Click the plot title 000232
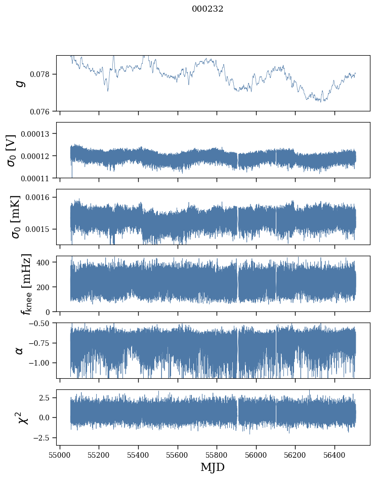[207, 9]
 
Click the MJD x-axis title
[213, 467]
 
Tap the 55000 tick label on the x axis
[60, 455]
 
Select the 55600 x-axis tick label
[178, 455]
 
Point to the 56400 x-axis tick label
[335, 455]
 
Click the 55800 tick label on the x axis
[217, 455]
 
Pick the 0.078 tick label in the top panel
[44, 74]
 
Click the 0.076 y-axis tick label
[44, 111]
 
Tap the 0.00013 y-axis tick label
[38, 134]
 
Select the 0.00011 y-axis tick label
[38, 178]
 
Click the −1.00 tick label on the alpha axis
[42, 363]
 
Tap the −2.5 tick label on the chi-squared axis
[44, 437]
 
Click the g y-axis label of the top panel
[20, 83]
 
